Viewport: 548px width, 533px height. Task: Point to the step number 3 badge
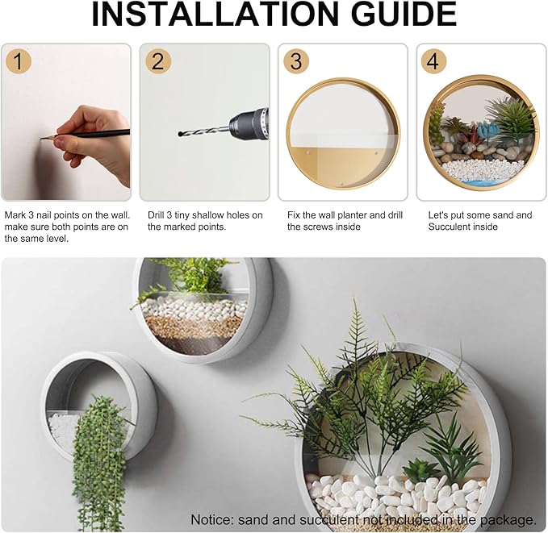pyautogui.click(x=297, y=61)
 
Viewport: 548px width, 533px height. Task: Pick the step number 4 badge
pyautogui.click(x=435, y=61)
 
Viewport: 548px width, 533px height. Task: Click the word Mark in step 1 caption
pyautogui.click(x=15, y=215)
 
